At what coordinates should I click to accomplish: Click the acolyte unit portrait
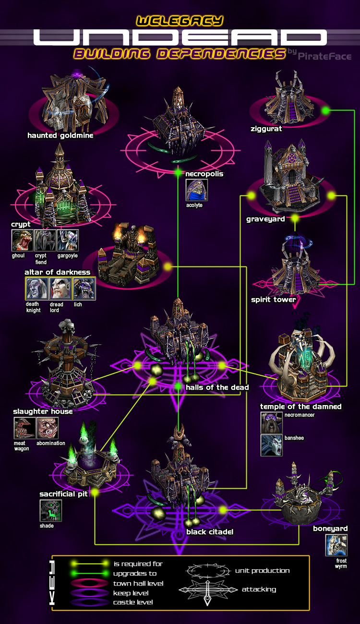click(x=197, y=190)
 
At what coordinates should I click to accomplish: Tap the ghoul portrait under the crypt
click(x=22, y=240)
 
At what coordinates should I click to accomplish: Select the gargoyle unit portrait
click(x=68, y=240)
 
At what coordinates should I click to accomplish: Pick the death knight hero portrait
click(x=37, y=288)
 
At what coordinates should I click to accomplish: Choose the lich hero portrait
click(x=84, y=288)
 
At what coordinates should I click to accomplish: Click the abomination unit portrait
click(x=48, y=428)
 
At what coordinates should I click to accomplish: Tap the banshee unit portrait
click(x=272, y=445)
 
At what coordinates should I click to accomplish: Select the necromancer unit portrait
click(x=272, y=423)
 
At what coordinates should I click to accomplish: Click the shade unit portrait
click(x=51, y=510)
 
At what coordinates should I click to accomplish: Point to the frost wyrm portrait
click(x=336, y=545)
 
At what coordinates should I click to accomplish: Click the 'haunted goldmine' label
click(x=60, y=135)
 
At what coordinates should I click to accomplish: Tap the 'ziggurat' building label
click(x=266, y=129)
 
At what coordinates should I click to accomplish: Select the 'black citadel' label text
click(x=210, y=532)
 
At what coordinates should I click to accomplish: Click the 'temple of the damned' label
click(x=301, y=407)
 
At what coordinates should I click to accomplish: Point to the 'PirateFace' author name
click(x=324, y=56)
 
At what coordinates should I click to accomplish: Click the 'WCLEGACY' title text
click(x=180, y=21)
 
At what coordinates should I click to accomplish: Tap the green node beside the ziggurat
click(x=325, y=111)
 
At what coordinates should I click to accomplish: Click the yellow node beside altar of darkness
click(x=168, y=266)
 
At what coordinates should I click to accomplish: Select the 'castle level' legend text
click(x=133, y=602)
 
